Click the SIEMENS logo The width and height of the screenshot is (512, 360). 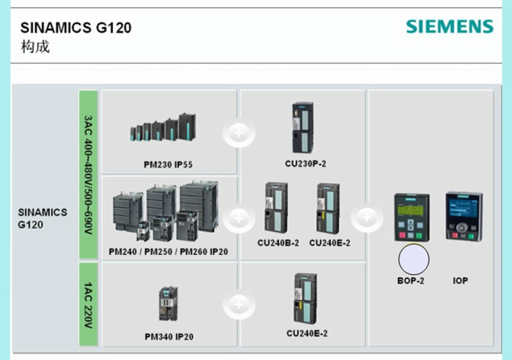click(450, 27)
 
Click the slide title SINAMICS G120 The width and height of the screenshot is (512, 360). click(76, 28)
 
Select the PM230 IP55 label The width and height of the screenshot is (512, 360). click(168, 165)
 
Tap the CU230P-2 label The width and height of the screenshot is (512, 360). click(305, 164)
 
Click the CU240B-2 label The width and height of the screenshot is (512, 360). click(278, 243)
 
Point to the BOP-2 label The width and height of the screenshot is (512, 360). click(411, 281)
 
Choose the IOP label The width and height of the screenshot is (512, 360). click(460, 281)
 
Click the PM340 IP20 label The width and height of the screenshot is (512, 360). click(169, 337)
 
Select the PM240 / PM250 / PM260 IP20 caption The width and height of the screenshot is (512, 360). click(168, 252)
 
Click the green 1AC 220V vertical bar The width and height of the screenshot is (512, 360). click(88, 305)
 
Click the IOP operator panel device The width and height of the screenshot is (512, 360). click(464, 216)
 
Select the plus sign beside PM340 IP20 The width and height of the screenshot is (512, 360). click(239, 306)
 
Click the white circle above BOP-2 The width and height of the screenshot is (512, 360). click(413, 260)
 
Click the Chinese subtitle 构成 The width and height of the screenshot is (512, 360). click(35, 47)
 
